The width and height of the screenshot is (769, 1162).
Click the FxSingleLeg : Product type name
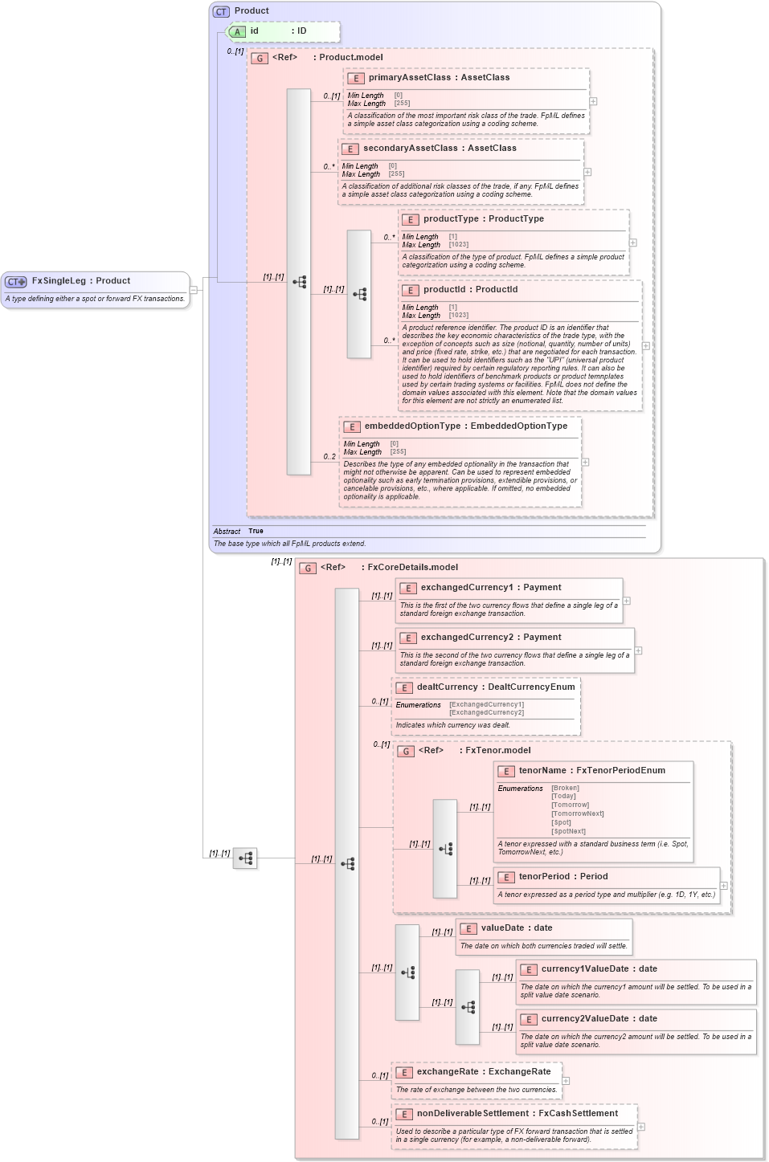(x=80, y=281)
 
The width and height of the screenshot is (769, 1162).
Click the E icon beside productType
(x=410, y=219)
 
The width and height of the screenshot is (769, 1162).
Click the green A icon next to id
(x=237, y=31)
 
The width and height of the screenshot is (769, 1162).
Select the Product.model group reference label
(x=350, y=58)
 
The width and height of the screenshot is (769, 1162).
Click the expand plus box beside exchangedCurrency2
(x=638, y=650)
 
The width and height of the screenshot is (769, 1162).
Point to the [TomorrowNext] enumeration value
(x=577, y=813)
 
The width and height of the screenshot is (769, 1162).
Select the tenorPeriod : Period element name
(x=562, y=877)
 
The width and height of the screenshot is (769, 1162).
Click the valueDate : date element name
(x=516, y=928)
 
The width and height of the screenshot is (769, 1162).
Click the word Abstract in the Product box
(x=227, y=532)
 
